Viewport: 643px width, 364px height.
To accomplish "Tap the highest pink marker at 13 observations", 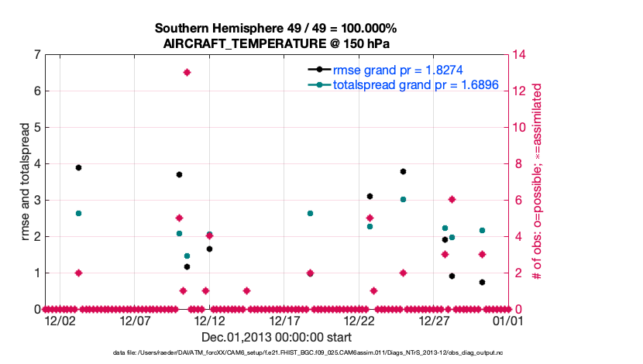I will (187, 72).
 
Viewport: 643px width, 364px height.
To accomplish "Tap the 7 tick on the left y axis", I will (37, 55).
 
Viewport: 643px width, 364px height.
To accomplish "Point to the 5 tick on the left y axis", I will (37, 127).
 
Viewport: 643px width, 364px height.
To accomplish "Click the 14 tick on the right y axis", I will (521, 55).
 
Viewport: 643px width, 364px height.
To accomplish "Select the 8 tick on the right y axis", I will (517, 163).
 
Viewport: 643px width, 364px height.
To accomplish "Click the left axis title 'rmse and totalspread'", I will (25, 182).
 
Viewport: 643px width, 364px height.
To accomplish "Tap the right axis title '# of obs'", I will (535, 182).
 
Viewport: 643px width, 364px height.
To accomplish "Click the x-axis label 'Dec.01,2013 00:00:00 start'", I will (277, 337).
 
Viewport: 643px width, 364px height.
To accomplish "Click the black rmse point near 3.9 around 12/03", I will (78, 167).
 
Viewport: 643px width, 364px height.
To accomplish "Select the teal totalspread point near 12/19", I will (310, 213).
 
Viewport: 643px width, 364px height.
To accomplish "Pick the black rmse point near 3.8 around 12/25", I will (403, 171).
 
